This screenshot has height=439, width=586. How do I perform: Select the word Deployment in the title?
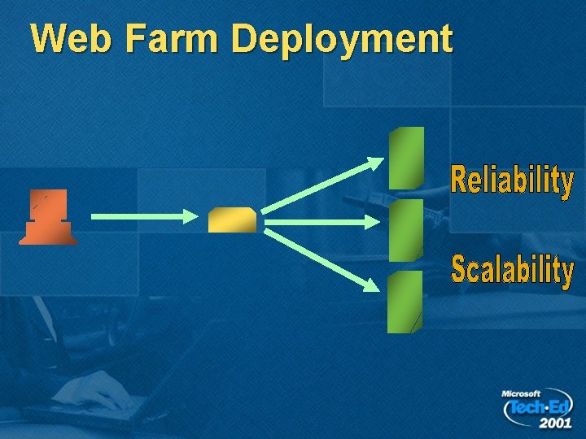(342, 38)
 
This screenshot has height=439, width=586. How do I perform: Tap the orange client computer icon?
(48, 217)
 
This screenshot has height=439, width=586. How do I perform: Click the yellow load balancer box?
(232, 219)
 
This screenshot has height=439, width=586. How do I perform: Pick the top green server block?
(406, 158)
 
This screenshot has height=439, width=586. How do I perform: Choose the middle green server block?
(406, 230)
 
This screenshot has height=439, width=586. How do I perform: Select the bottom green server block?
(405, 302)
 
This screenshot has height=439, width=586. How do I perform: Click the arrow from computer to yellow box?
(138, 216)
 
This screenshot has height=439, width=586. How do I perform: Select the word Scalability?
(512, 270)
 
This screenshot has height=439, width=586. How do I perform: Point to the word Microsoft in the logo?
(521, 393)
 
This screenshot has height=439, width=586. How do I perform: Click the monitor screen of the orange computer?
(48, 202)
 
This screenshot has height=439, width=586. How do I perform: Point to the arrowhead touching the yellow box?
(190, 216)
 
